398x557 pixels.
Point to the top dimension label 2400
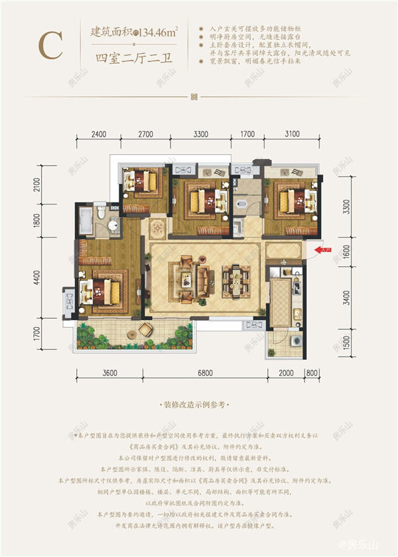[98, 134]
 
